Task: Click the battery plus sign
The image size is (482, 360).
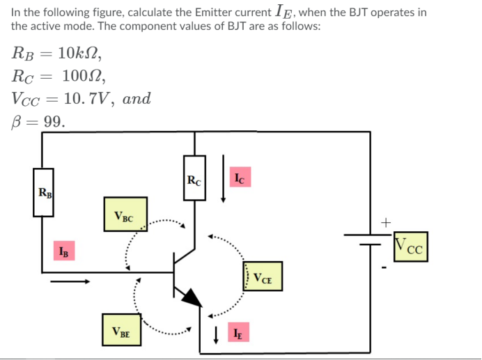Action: [386, 222]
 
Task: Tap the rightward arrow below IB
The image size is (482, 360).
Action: [70, 281]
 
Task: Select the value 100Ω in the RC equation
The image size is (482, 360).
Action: [83, 76]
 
